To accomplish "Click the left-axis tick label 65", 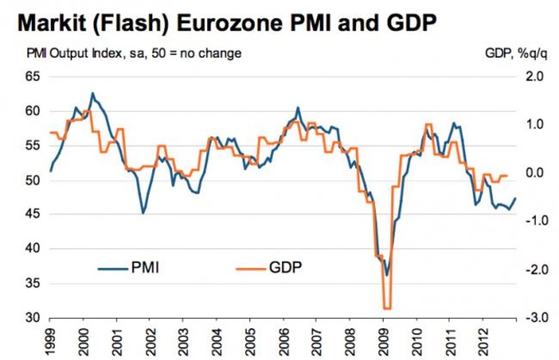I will (x=32, y=76).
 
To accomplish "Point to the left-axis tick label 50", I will (x=32, y=180).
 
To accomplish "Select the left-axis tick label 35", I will (x=32, y=283).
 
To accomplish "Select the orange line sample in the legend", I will (x=250, y=267).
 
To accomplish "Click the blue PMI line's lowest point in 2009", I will (x=386, y=275).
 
